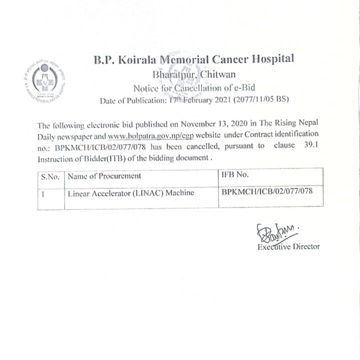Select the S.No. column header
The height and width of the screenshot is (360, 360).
50,176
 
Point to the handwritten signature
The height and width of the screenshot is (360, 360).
275,231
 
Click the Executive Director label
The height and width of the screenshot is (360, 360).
288,246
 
